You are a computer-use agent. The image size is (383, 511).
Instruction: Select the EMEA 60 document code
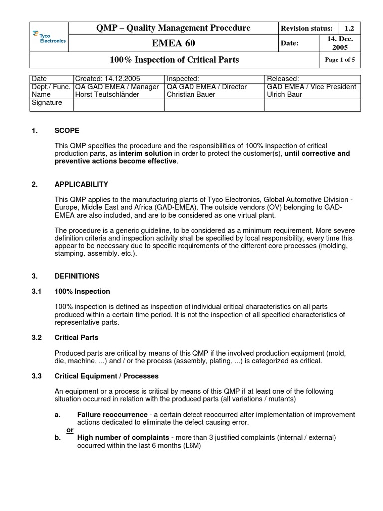click(x=174, y=44)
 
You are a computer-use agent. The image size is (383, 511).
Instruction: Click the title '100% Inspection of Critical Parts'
click(x=174, y=60)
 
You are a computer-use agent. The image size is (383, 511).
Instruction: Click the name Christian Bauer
click(x=192, y=94)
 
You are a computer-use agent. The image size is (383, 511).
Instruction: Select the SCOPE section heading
click(x=67, y=131)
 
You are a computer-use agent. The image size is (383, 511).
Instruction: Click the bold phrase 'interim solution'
click(x=145, y=153)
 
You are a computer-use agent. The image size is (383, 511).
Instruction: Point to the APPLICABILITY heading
click(x=81, y=184)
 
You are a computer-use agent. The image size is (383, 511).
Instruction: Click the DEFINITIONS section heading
click(x=77, y=276)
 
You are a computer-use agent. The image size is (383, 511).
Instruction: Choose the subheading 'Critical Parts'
click(x=76, y=337)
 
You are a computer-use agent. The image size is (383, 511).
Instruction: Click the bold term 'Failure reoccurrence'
click(x=112, y=415)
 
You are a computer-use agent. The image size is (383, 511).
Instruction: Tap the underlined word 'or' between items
click(x=70, y=430)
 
